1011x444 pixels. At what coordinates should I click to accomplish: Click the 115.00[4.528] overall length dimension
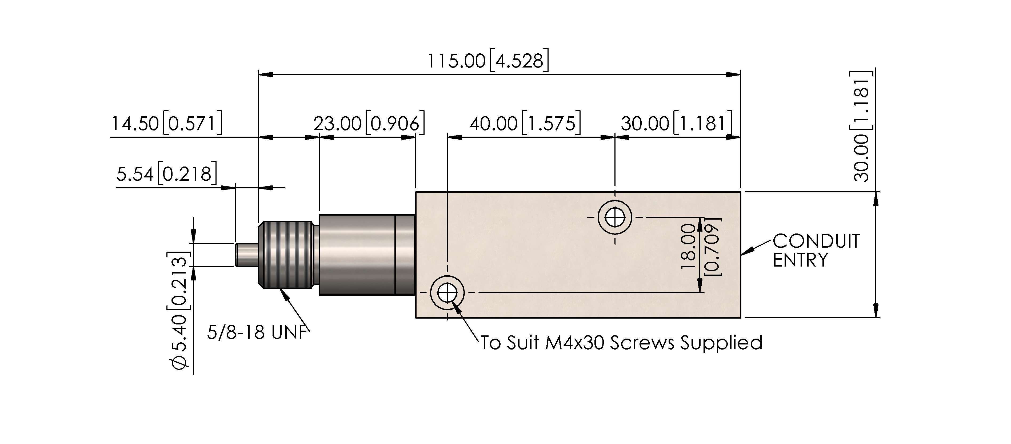(x=488, y=61)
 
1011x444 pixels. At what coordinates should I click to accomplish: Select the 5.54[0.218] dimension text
(x=166, y=173)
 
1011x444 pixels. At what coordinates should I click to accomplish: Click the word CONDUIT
(x=816, y=241)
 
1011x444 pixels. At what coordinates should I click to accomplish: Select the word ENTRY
(x=800, y=260)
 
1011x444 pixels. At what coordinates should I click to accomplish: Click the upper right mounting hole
(x=615, y=217)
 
